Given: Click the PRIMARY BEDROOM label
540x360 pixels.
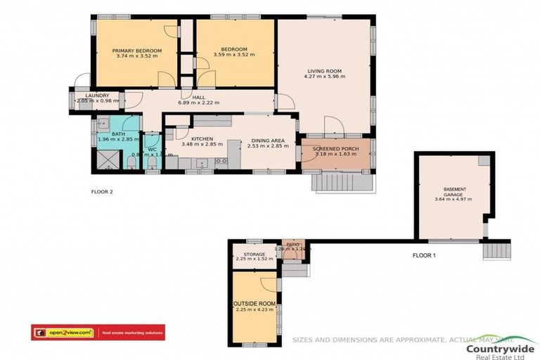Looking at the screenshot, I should click(138, 51).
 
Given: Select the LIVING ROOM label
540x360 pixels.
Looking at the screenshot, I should click(323, 70).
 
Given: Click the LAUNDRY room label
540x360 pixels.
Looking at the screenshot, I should click(96, 96).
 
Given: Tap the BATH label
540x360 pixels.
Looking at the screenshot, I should click(117, 133).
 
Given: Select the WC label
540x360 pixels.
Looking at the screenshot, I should click(151, 149).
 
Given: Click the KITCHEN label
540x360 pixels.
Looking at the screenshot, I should click(202, 139).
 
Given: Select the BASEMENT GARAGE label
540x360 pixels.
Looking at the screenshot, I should click(454, 193).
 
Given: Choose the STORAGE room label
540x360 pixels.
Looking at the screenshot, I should click(254, 254).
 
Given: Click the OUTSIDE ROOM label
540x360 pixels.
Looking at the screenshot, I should click(253, 304).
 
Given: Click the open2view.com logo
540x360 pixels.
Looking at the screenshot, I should click(63, 332).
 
